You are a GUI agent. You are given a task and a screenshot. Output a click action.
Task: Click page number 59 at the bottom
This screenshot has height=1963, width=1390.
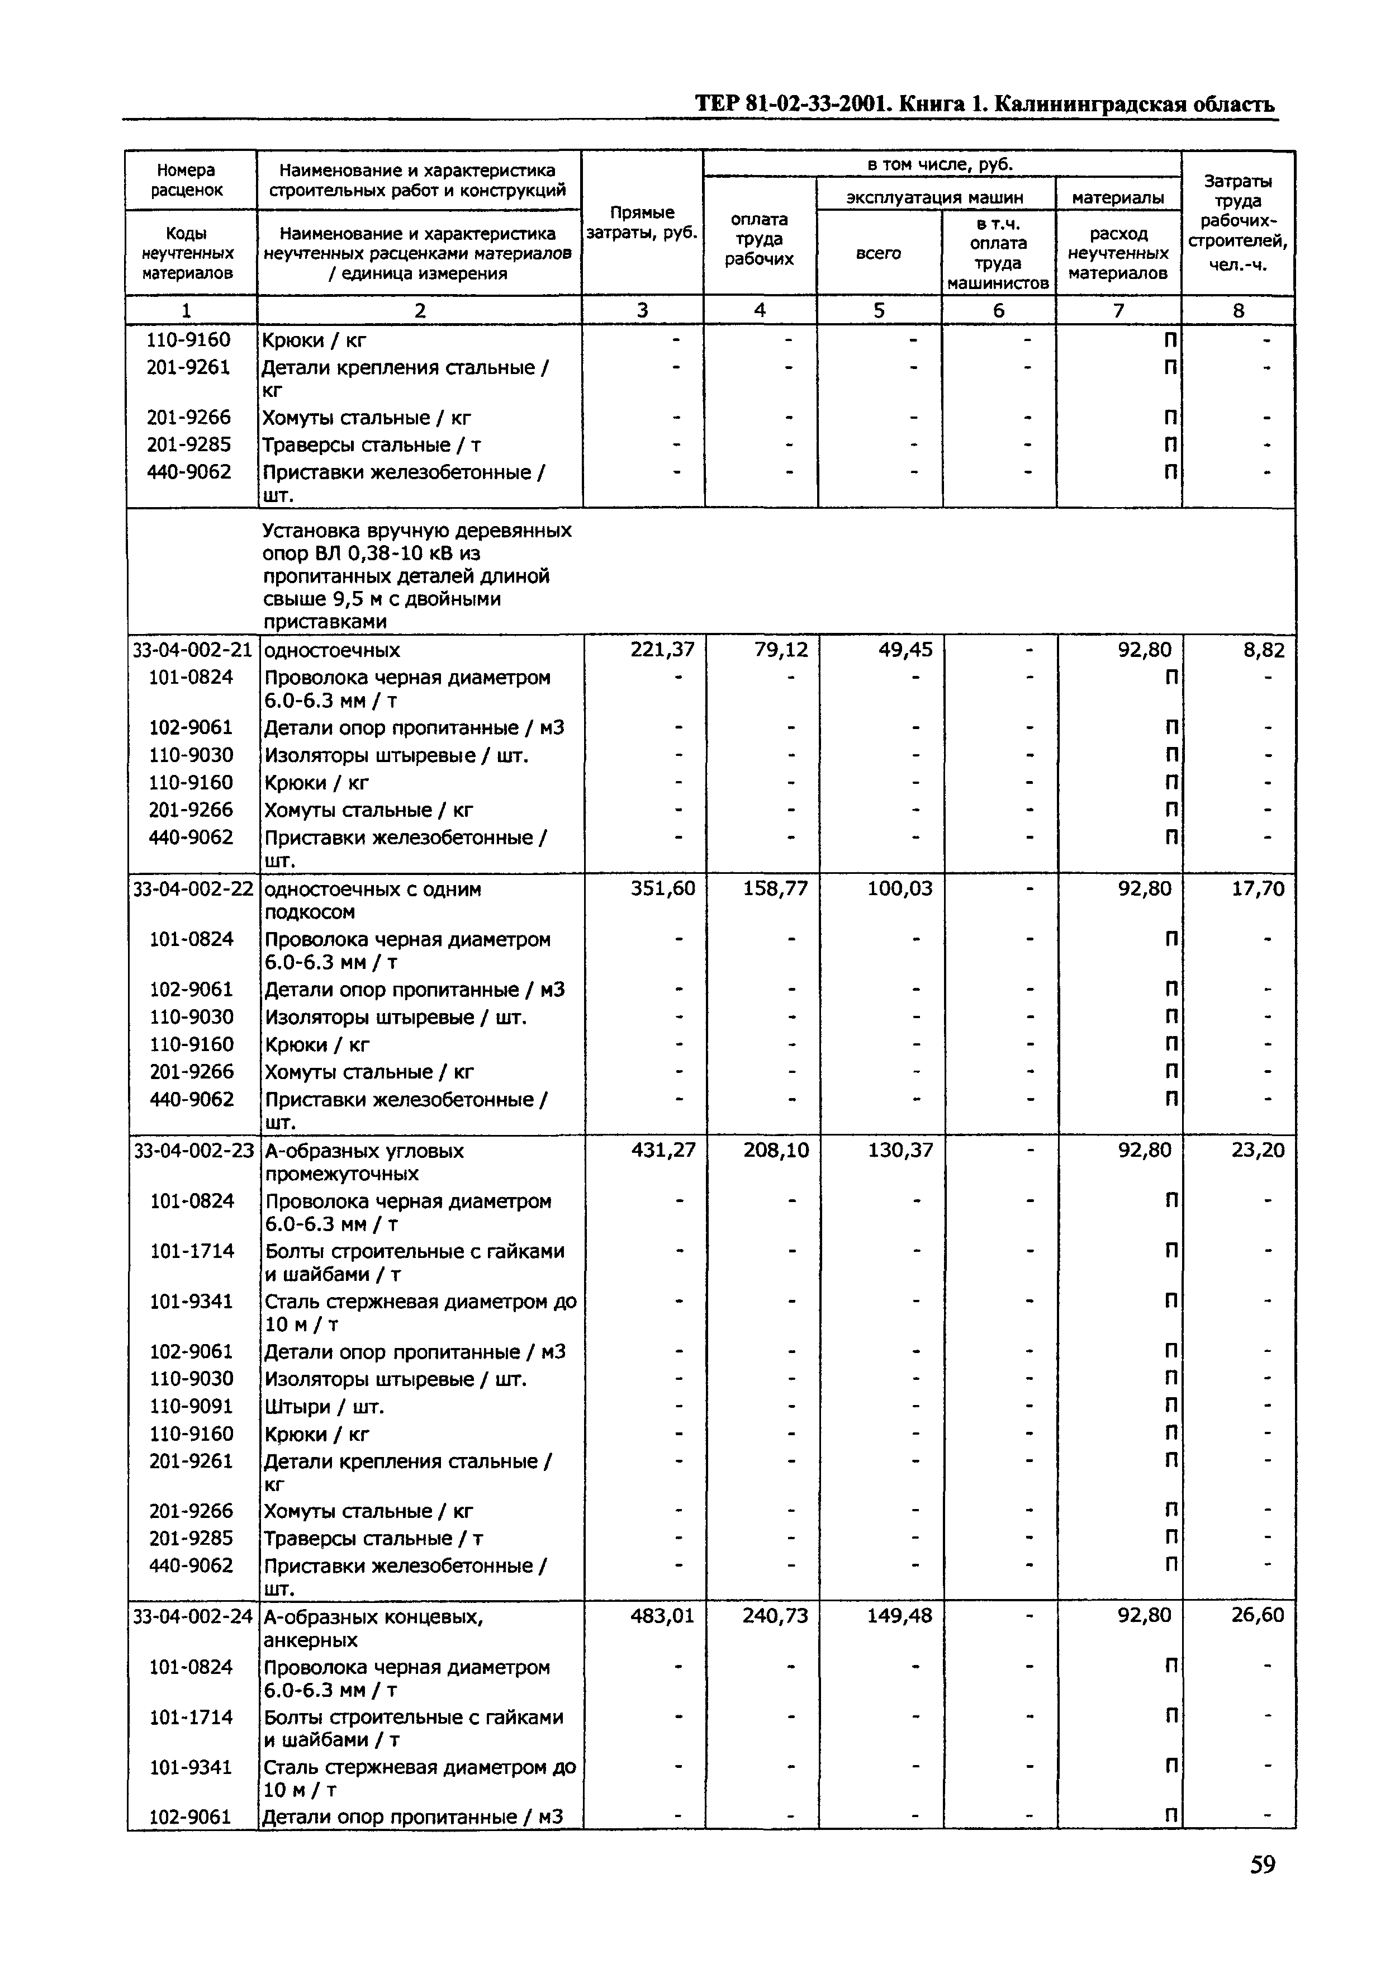pyautogui.click(x=1261, y=1888)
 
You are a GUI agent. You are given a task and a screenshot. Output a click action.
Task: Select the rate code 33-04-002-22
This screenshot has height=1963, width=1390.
pyautogui.click(x=193, y=888)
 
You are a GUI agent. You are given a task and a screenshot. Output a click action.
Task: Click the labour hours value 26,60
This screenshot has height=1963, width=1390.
pyautogui.click(x=1258, y=1615)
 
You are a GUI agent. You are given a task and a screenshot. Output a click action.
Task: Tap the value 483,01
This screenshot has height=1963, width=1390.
pyautogui.click(x=662, y=1615)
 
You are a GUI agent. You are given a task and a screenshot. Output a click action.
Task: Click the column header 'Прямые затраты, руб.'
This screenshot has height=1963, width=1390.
pyautogui.click(x=642, y=223)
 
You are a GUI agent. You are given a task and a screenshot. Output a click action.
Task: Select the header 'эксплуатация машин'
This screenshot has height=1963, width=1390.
pyautogui.click(x=934, y=198)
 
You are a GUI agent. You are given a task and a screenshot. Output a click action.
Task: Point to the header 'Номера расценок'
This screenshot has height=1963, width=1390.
pyautogui.click(x=187, y=180)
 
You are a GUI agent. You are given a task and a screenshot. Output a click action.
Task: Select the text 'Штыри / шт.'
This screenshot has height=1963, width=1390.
pyautogui.click(x=324, y=1407)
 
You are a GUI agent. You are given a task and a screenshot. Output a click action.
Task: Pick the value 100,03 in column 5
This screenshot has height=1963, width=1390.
pyautogui.click(x=899, y=888)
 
